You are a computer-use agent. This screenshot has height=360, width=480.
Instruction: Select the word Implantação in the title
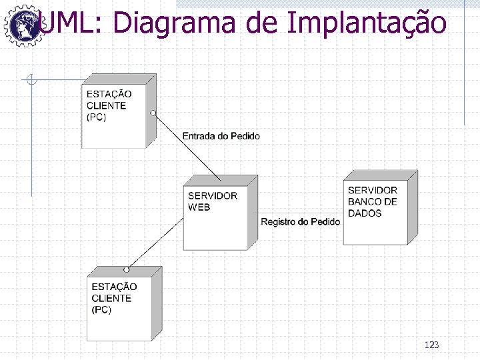pyautogui.click(x=367, y=23)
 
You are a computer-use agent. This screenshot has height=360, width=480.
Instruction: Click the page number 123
pyautogui.click(x=431, y=345)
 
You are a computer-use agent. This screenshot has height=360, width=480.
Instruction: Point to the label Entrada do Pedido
pyautogui.click(x=221, y=136)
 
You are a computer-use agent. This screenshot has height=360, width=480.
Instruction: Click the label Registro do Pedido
pyautogui.click(x=300, y=221)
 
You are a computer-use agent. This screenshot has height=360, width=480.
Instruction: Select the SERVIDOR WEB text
pyautogui.click(x=212, y=201)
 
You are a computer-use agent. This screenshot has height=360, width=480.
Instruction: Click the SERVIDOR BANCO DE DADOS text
pyautogui.click(x=373, y=201)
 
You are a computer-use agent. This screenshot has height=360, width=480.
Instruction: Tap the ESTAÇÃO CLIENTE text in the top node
pyautogui.click(x=109, y=100)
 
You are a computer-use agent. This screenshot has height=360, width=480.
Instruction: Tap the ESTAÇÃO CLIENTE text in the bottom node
pyautogui.click(x=113, y=293)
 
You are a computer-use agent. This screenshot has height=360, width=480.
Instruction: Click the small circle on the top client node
pyautogui.click(x=153, y=113)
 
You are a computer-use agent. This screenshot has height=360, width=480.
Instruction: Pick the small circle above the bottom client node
pyautogui.click(x=126, y=269)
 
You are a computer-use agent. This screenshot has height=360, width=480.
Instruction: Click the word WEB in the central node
pyautogui.click(x=199, y=207)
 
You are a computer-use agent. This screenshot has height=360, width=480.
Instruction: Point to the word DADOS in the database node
pyautogui.click(x=365, y=213)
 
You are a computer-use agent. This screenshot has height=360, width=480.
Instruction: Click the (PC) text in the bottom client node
pyautogui.click(x=101, y=310)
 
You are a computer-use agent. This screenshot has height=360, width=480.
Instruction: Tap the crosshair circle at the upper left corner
pyautogui.click(x=29, y=81)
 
